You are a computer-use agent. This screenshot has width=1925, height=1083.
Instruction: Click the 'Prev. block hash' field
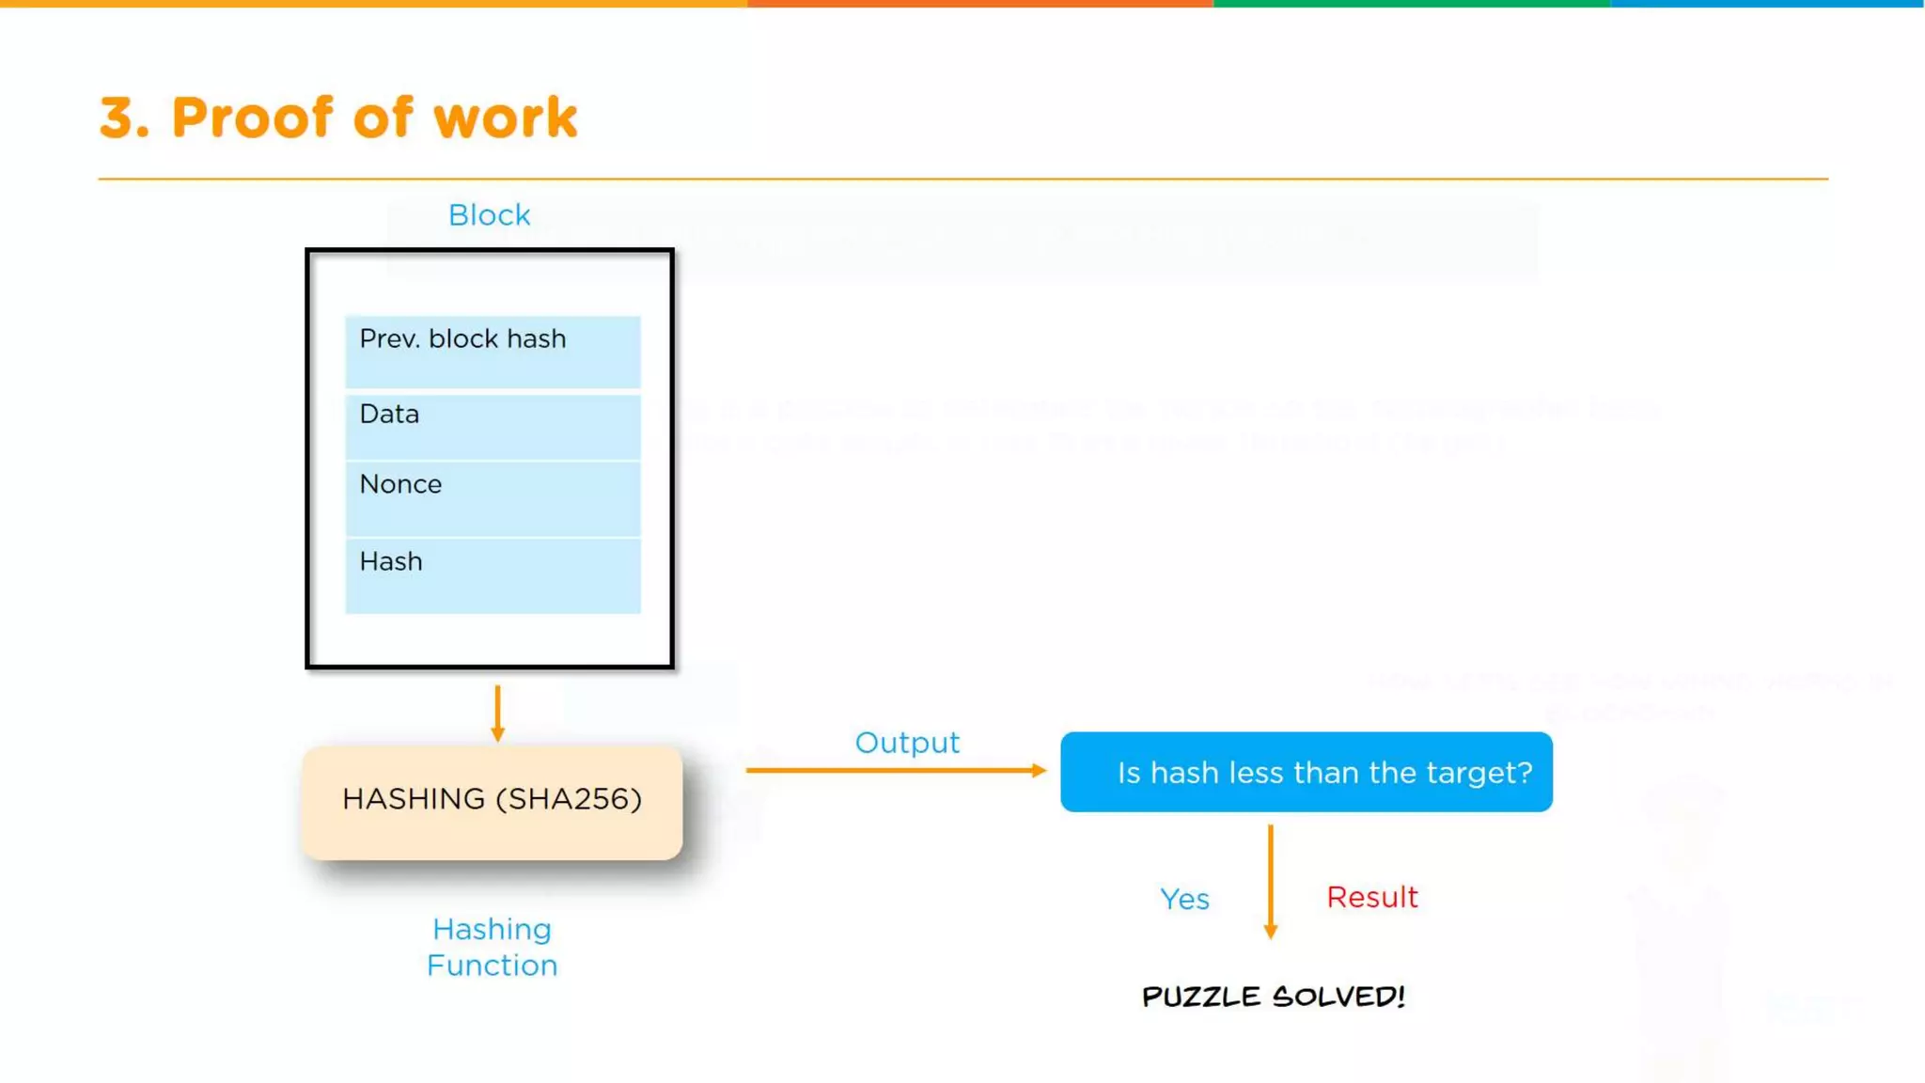(x=493, y=352)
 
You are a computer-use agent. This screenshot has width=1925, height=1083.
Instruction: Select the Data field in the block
(x=493, y=427)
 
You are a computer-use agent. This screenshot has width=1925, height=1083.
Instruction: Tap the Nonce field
(x=493, y=498)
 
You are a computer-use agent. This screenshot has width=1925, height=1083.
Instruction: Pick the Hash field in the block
(x=493, y=575)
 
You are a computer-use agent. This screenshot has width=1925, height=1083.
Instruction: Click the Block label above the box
(x=489, y=215)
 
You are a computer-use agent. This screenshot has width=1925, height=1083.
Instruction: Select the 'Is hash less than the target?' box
(x=1306, y=772)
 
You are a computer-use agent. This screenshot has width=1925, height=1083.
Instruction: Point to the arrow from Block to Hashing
(x=497, y=713)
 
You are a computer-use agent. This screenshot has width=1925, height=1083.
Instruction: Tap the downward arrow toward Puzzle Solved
(x=1270, y=881)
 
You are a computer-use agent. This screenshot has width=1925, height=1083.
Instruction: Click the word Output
(x=907, y=743)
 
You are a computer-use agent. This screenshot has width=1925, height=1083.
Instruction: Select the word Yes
(x=1184, y=900)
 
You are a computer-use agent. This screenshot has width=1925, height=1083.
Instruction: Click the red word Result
(x=1371, y=897)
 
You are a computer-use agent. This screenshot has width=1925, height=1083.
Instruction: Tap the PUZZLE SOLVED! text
(x=1273, y=997)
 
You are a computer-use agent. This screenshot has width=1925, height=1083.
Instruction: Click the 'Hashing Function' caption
(x=492, y=947)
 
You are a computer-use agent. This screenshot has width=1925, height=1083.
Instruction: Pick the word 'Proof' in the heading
(x=252, y=118)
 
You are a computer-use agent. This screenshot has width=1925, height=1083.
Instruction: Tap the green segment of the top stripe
(x=1410, y=4)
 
